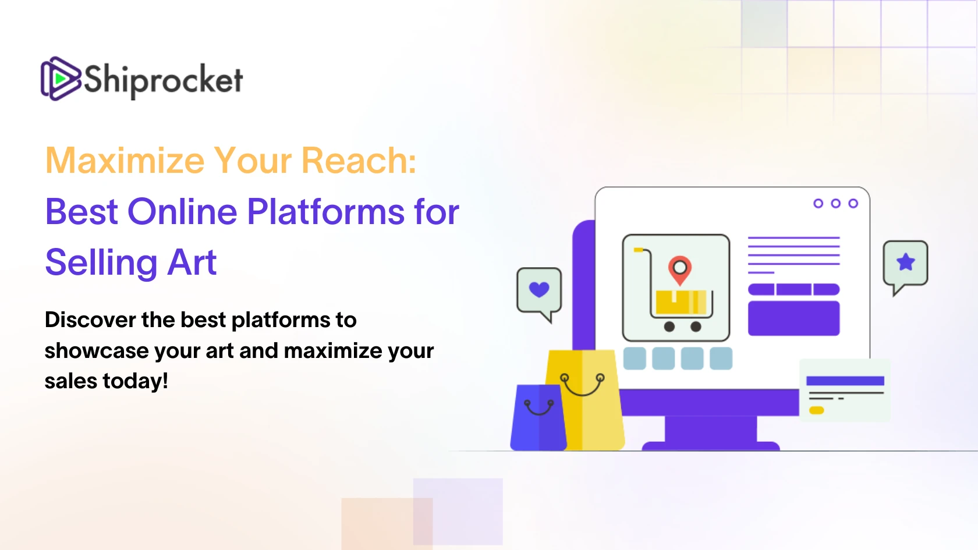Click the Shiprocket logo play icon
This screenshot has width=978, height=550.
(x=61, y=79)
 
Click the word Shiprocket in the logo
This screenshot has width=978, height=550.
(x=163, y=80)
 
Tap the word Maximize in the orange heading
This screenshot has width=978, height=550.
(x=125, y=161)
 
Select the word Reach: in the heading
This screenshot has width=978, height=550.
(x=359, y=160)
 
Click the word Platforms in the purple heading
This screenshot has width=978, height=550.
(x=326, y=212)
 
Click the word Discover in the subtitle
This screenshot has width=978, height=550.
(x=90, y=320)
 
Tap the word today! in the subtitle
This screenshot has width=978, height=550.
(x=135, y=381)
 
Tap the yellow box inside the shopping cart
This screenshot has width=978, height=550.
(x=681, y=302)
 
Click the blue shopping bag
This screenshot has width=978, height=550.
(x=539, y=417)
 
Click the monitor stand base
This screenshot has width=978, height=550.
(x=710, y=446)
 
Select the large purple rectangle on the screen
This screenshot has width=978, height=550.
(x=794, y=318)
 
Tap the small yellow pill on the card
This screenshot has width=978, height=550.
(x=816, y=410)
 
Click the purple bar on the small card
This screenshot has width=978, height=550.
(x=845, y=381)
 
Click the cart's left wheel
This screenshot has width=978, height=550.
(x=669, y=327)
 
